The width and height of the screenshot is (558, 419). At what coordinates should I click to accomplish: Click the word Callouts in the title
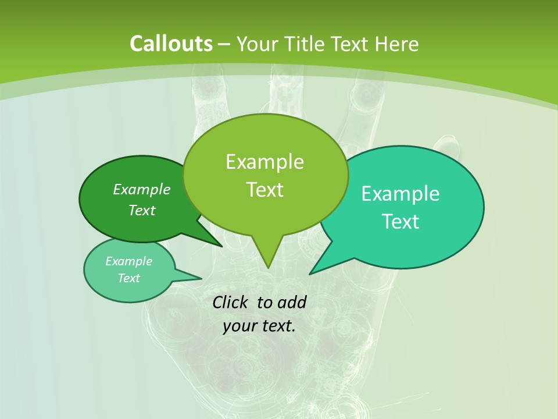pyautogui.click(x=171, y=44)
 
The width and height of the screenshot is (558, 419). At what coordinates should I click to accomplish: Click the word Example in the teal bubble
pyautogui.click(x=400, y=194)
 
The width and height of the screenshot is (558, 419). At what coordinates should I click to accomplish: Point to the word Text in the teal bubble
pyautogui.click(x=400, y=222)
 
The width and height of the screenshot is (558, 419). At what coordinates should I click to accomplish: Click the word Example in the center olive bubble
pyautogui.click(x=265, y=162)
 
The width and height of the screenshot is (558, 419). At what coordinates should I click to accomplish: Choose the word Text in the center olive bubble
pyautogui.click(x=265, y=190)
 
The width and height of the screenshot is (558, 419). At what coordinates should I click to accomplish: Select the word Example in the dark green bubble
pyautogui.click(x=142, y=190)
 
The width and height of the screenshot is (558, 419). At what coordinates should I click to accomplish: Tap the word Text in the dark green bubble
pyautogui.click(x=142, y=211)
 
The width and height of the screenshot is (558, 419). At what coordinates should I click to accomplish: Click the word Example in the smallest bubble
pyautogui.click(x=129, y=261)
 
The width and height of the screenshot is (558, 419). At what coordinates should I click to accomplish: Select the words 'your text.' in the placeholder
pyautogui.click(x=259, y=326)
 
